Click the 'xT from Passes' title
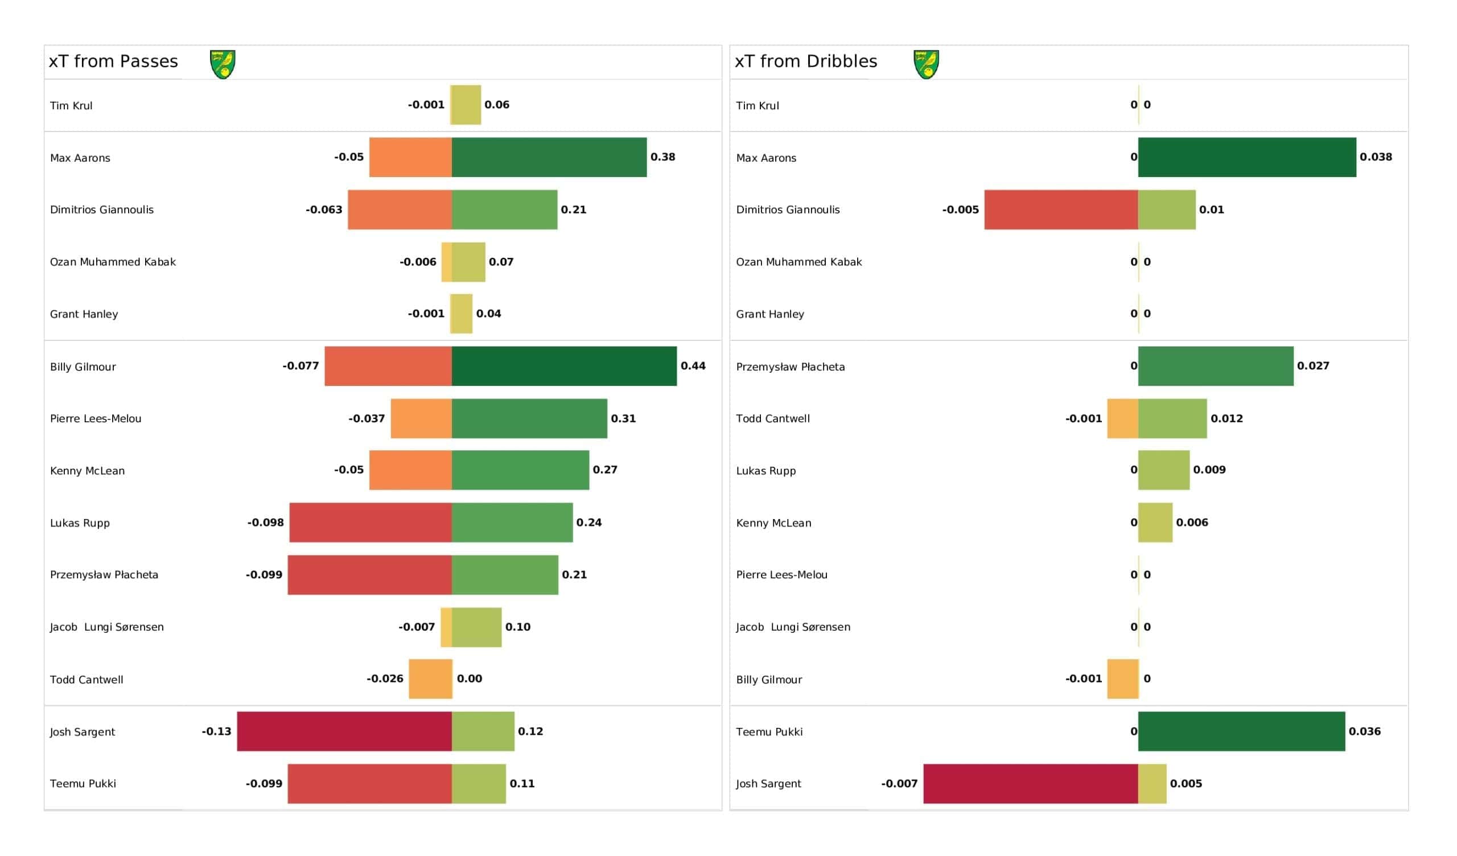click(x=113, y=61)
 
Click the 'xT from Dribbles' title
click(x=806, y=61)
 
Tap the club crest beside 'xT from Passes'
click(x=223, y=64)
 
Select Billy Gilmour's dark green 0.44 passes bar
click(x=563, y=366)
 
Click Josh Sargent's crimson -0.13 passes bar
click(x=344, y=732)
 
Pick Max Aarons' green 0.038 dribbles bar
click(x=1246, y=157)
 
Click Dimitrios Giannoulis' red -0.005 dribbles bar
click(x=1061, y=210)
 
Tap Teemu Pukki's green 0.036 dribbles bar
click(x=1241, y=732)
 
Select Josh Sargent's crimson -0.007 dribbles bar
click(x=1030, y=784)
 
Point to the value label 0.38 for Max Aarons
click(x=662, y=157)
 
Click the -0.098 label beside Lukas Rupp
click(x=265, y=523)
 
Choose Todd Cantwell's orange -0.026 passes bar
click(x=430, y=679)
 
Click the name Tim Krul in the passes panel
click(x=71, y=106)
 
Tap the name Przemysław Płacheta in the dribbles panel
click(x=791, y=367)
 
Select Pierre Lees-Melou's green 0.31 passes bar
click(x=529, y=419)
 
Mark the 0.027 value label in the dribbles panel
click(x=1313, y=366)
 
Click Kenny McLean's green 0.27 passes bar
click(x=520, y=470)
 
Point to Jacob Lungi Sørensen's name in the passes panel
click(x=107, y=627)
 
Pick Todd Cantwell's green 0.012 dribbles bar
click(x=1172, y=419)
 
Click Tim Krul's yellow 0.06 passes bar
click(x=466, y=105)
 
